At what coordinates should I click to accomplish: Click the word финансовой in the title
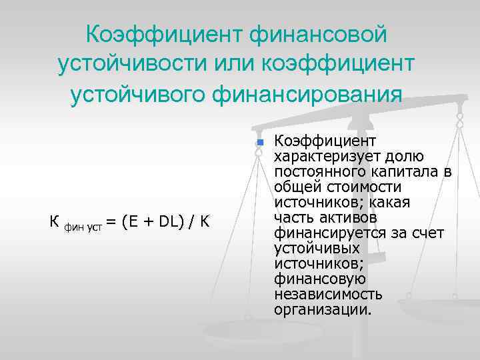coord(319,32)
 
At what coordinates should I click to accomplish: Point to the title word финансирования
coord(307,93)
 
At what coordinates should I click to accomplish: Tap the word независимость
coord(328,295)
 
